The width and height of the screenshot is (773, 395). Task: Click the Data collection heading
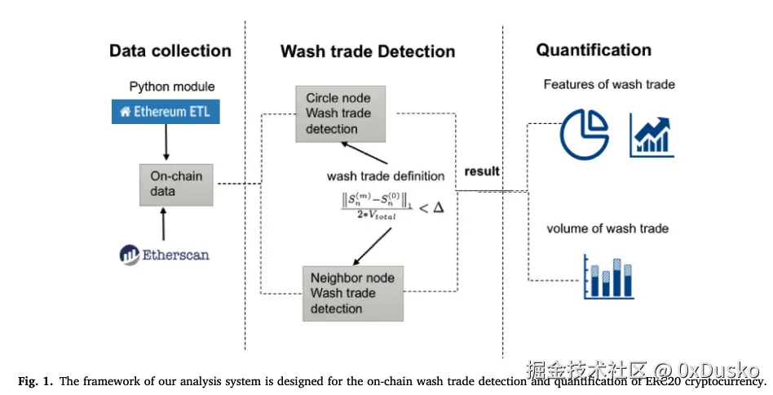pyautogui.click(x=170, y=51)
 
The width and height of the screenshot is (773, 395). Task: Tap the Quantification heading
pyautogui.click(x=593, y=50)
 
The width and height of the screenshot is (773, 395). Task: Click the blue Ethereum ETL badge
pyautogui.click(x=166, y=112)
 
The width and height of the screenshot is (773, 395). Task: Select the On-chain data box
pyautogui.click(x=176, y=184)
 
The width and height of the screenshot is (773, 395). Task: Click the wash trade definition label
pyautogui.click(x=386, y=175)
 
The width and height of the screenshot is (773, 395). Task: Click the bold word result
pyautogui.click(x=481, y=171)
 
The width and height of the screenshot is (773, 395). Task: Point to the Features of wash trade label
pyautogui.click(x=609, y=84)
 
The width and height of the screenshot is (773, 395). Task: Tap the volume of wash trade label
pyautogui.click(x=607, y=228)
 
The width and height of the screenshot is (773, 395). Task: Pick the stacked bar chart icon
pyautogui.click(x=608, y=277)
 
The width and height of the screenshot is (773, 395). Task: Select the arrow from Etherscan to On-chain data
pyautogui.click(x=166, y=223)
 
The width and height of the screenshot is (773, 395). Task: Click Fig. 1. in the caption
pyautogui.click(x=33, y=381)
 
